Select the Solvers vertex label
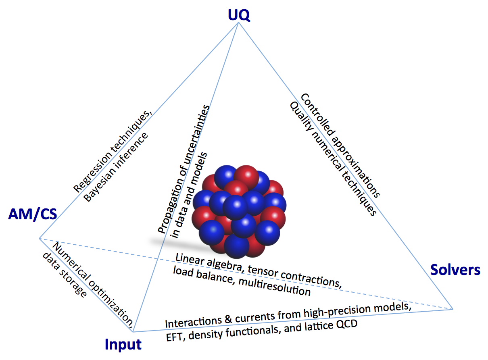[455, 269]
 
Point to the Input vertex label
[123, 344]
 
